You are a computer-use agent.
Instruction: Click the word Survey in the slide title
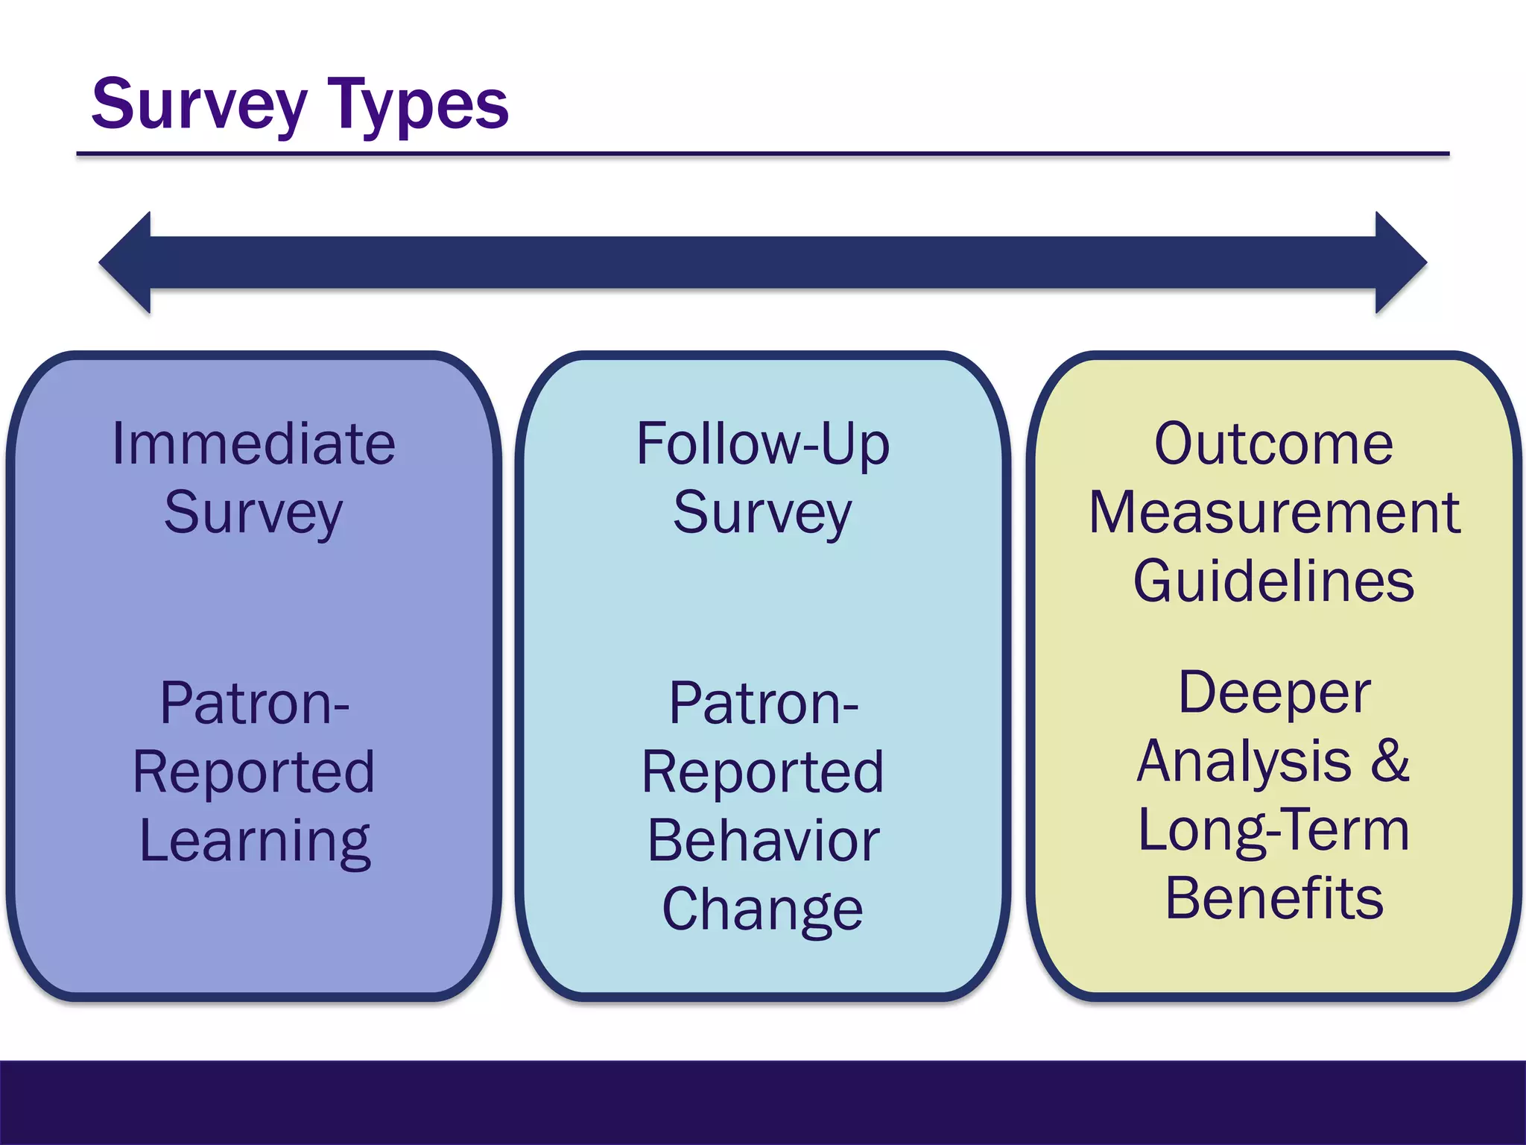199,106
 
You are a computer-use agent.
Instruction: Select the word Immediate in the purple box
253,444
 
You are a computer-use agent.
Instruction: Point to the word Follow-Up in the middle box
763,444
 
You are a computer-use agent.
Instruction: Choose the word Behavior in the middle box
763,841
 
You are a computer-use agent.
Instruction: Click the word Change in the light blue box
763,909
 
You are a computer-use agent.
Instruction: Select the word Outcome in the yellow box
1273,444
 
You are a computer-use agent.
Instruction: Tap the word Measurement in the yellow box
1274,513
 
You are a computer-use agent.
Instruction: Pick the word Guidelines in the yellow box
1273,581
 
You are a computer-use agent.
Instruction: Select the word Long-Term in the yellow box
1273,830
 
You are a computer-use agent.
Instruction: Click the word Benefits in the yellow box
1274,898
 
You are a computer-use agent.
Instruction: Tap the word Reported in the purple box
253,772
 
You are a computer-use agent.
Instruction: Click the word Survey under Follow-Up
762,513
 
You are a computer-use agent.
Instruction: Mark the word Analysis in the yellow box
1244,762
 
